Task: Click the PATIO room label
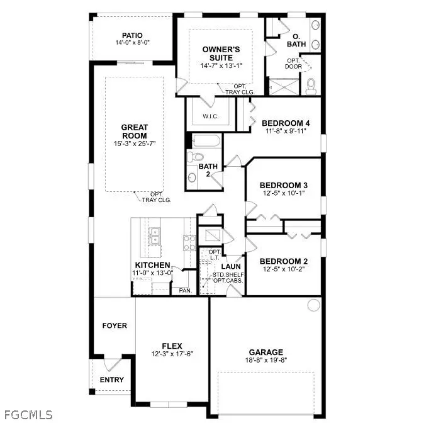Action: click(132, 35)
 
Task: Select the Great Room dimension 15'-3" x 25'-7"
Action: click(134, 144)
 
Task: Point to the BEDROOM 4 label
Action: click(285, 123)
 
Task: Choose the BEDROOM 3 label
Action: click(283, 185)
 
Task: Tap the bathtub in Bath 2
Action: click(204, 141)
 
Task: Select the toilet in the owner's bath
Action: click(312, 86)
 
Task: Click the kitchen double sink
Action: click(155, 235)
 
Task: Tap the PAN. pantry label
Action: click(185, 290)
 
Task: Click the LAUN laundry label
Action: click(227, 266)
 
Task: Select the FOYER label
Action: click(115, 325)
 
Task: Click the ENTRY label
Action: click(112, 380)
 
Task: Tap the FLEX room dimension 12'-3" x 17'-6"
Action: click(172, 354)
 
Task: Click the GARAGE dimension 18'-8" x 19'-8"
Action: click(266, 361)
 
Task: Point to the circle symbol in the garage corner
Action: click(313, 305)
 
